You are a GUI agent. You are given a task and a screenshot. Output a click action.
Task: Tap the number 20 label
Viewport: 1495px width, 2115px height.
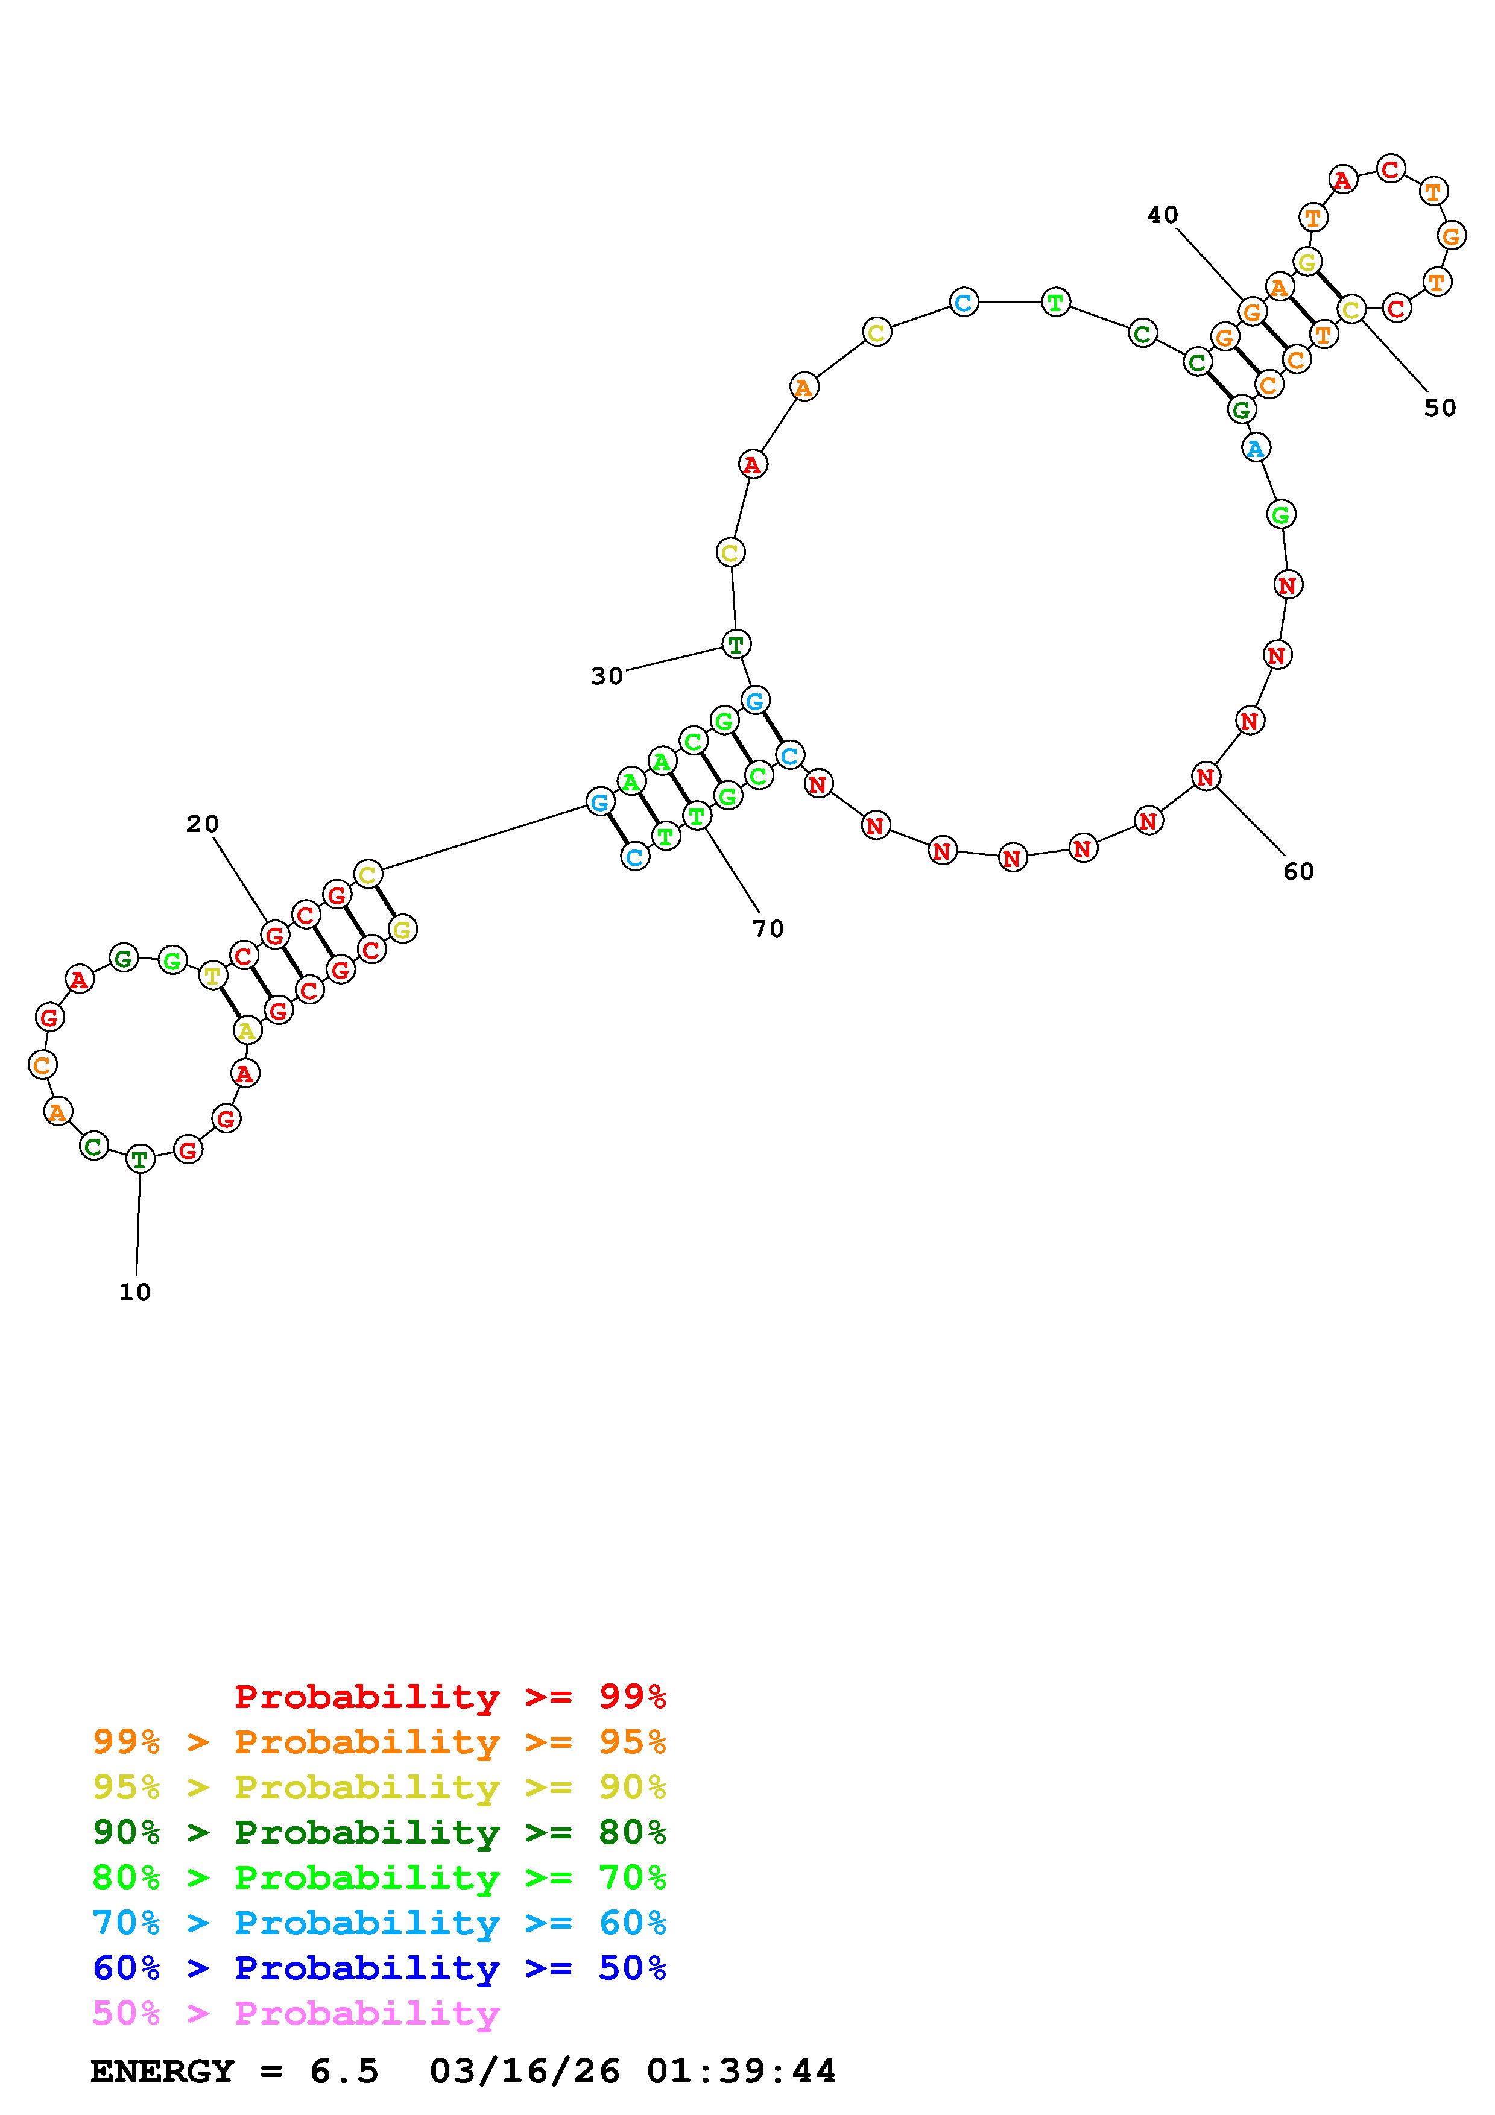203,824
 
